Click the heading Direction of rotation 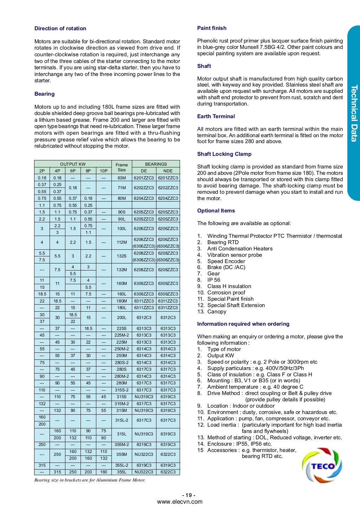point(60,28)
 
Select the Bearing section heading point(44,94)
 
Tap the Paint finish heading point(212,28)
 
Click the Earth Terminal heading point(216,116)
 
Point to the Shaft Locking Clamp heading point(224,154)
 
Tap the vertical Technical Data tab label point(354,113)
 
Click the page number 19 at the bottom point(189,495)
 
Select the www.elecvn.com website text point(180,502)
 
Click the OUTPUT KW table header point(73,164)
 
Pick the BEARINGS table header point(156,164)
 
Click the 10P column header point(104,171)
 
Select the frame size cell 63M point(122,178)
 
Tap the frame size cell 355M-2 point(122,445)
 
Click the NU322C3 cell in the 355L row point(144,472)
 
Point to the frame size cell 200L point(122,318)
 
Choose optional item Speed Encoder point(226,261)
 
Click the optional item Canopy point(217,312)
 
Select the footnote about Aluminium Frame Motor point(90,480)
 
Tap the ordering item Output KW point(220,356)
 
